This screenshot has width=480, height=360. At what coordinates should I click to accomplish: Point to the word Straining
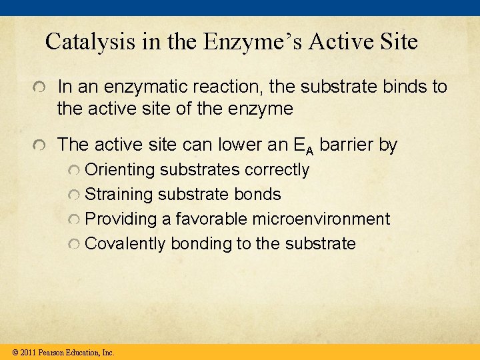[119, 195]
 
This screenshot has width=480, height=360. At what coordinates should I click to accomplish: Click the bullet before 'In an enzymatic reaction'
[41, 88]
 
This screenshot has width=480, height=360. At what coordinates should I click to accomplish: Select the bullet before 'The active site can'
[41, 145]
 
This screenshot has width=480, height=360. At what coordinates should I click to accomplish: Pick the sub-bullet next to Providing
[74, 219]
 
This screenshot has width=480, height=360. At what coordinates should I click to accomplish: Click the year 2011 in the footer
[28, 352]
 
